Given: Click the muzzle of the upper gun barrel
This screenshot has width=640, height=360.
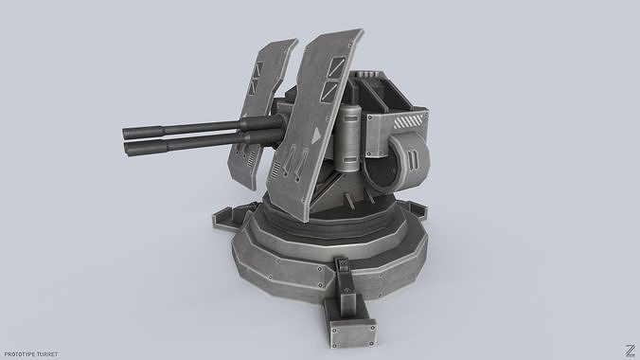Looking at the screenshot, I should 125,133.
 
